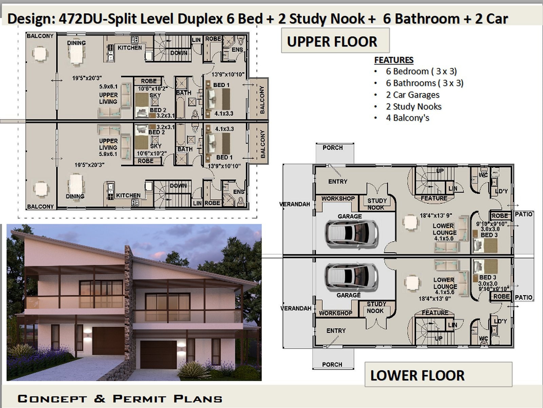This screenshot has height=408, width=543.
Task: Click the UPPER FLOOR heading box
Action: click(x=335, y=41)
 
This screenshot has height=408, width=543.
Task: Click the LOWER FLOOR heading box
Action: click(x=438, y=375)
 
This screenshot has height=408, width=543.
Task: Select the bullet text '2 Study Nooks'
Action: click(x=413, y=107)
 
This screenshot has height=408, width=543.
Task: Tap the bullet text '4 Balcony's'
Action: click(x=407, y=118)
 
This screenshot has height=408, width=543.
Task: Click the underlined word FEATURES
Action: click(x=394, y=60)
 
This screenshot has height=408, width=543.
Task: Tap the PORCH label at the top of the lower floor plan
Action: click(x=333, y=148)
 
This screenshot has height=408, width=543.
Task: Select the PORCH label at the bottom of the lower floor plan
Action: click(x=332, y=364)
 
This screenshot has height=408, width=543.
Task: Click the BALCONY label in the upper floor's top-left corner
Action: click(x=40, y=36)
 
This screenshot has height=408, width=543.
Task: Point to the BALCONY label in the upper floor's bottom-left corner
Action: click(x=40, y=206)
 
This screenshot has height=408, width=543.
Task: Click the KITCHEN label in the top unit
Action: click(x=130, y=48)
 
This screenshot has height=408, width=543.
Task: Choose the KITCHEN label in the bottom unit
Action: click(x=128, y=196)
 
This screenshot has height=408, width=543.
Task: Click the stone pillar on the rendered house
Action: click(x=128, y=305)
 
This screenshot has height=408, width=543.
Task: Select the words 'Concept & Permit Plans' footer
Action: click(x=120, y=398)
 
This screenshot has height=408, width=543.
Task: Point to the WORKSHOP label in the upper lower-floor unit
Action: click(x=338, y=199)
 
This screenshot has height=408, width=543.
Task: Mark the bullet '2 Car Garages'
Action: click(x=412, y=95)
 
